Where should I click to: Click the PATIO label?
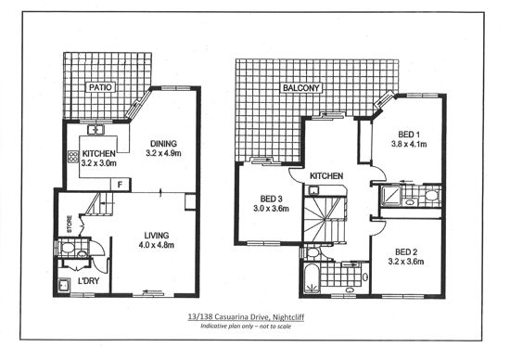[x=100, y=87]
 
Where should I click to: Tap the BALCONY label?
[x=300, y=88]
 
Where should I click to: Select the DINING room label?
[x=163, y=144]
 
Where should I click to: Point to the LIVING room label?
[x=157, y=236]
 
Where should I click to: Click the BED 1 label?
[x=409, y=135]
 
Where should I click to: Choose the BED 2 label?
[x=406, y=252]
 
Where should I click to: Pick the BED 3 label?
[x=271, y=199]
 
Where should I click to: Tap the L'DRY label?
[x=88, y=281]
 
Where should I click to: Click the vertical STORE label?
[x=70, y=225]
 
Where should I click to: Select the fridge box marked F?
[x=121, y=185]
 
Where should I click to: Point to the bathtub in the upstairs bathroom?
[x=312, y=278]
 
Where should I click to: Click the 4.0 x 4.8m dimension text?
[x=157, y=245]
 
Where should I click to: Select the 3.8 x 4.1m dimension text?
[x=409, y=144]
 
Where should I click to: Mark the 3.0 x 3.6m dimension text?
[x=271, y=209]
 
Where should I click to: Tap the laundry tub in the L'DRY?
[x=64, y=286]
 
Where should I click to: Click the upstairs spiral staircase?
[x=325, y=219]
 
